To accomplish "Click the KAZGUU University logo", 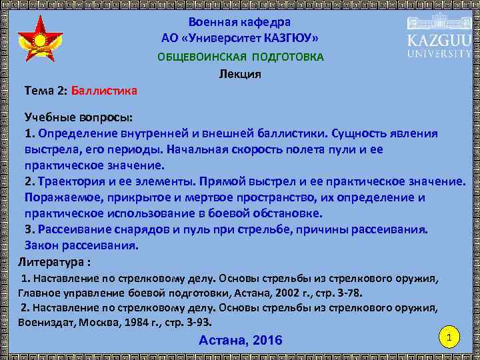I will pos(438,37).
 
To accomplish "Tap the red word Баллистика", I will pos(104,89).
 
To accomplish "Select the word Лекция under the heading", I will pos(240,74).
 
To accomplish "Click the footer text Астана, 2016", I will pos(240,341).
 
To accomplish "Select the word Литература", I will pos(51,261).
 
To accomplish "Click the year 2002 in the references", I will pos(269,293).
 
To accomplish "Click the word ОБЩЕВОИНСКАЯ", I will pos(198,57).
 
